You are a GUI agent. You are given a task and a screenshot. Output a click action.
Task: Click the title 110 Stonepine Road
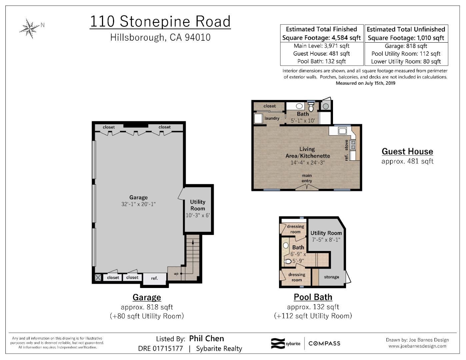click(x=160, y=22)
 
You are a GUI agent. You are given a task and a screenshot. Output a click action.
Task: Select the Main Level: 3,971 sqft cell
click(x=322, y=46)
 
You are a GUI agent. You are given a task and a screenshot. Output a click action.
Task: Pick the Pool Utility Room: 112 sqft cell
click(x=406, y=54)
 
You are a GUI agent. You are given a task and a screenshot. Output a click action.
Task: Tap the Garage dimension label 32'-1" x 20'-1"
click(x=138, y=204)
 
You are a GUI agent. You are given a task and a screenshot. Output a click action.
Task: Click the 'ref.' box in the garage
click(x=154, y=278)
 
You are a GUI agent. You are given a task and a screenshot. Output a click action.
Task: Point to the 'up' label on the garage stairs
click(x=176, y=274)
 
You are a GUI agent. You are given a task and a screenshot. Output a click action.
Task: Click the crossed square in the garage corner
click(x=98, y=277)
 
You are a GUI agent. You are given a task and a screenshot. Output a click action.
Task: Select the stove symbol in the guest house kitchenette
click(x=353, y=145)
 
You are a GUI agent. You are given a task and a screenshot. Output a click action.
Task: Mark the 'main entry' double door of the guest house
click(x=307, y=187)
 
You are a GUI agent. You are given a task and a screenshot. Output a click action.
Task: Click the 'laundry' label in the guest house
click(x=272, y=118)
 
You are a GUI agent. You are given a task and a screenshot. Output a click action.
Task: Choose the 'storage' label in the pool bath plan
click(x=331, y=277)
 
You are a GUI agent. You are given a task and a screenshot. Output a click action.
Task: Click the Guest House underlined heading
click(x=407, y=151)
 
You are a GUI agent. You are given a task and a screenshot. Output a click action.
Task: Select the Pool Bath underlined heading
click(x=313, y=297)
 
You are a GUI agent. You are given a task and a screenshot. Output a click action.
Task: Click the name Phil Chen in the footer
click(x=206, y=339)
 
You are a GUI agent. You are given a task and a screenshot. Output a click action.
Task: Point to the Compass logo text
click(x=324, y=343)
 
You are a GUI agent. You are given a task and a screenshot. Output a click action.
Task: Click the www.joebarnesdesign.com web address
click(x=417, y=346)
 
